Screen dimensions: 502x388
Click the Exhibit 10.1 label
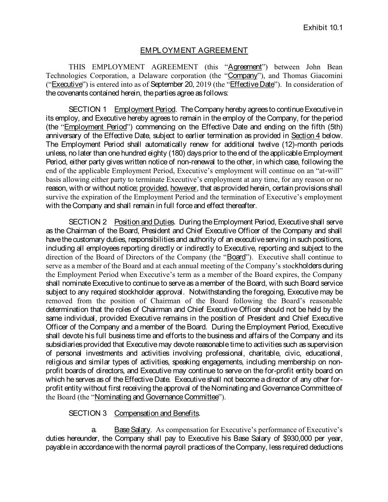click(x=323, y=28)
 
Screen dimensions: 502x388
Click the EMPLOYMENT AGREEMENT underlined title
click(x=194, y=50)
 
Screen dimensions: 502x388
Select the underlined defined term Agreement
click(x=245, y=67)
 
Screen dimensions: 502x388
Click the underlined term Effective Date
click(x=252, y=85)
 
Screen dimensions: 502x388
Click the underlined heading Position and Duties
click(x=144, y=222)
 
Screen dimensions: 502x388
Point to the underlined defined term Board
click(x=236, y=257)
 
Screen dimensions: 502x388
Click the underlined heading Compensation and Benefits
click(x=157, y=413)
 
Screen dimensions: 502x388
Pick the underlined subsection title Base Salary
click(x=132, y=430)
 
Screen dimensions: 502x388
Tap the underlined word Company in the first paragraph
click(x=242, y=76)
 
